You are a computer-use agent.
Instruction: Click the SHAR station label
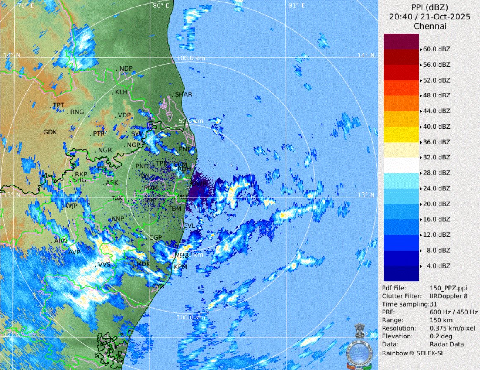pos(184,95)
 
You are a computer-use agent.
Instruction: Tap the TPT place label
pos(58,105)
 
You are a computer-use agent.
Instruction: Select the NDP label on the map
pos(126,68)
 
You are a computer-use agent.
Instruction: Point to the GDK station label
pos(50,133)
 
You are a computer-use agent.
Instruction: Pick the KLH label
pos(121,92)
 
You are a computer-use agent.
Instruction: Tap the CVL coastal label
pos(189,226)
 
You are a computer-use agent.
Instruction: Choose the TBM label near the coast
pos(175,209)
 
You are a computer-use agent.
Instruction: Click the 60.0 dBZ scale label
pos(436,49)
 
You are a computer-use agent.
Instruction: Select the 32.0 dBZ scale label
pos(436,157)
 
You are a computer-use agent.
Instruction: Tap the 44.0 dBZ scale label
pos(436,111)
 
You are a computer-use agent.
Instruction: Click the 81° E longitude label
pos(296,6)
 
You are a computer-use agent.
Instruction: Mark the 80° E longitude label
pos(161,6)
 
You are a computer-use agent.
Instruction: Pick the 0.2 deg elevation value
pos(440,336)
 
